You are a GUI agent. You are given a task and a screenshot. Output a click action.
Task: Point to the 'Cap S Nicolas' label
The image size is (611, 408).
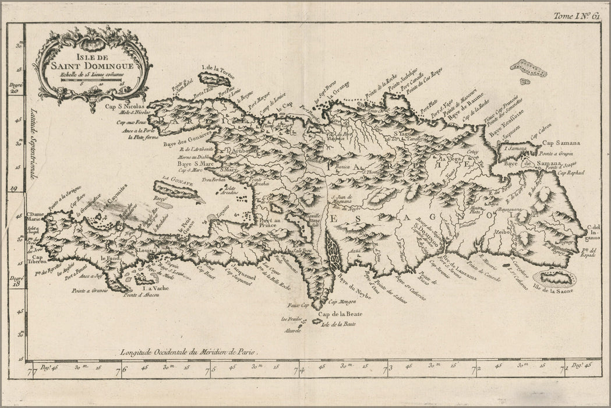coord(128,106)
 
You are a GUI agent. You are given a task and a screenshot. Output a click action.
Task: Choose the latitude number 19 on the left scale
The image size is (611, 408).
coord(15,188)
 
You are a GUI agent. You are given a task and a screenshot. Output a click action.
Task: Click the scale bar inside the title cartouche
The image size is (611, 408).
coord(93,80)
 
